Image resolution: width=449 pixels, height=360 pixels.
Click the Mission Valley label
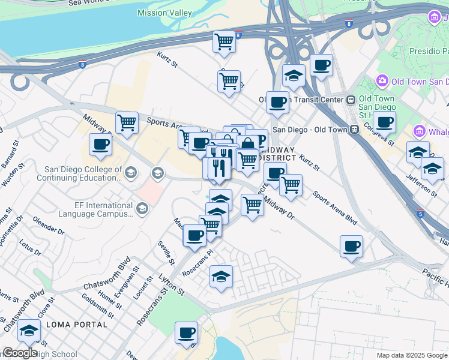click(x=164, y=13)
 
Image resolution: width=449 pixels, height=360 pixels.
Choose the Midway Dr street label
click(x=279, y=208)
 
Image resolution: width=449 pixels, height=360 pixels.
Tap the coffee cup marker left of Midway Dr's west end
click(x=100, y=144)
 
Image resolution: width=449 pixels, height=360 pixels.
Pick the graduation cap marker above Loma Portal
click(x=29, y=330)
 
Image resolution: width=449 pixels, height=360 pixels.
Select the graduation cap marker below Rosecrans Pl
click(x=221, y=277)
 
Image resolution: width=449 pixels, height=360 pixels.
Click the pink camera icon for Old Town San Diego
click(x=381, y=80)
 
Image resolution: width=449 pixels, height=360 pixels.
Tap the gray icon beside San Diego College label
click(x=157, y=173)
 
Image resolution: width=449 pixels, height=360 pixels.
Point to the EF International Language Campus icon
click(x=142, y=209)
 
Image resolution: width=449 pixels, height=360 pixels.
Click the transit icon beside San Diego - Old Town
click(x=355, y=129)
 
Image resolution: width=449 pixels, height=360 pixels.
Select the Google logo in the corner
click(x=20, y=352)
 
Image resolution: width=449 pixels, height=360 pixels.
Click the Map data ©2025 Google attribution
click(x=412, y=355)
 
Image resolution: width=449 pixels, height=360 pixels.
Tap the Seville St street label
click(x=166, y=253)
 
